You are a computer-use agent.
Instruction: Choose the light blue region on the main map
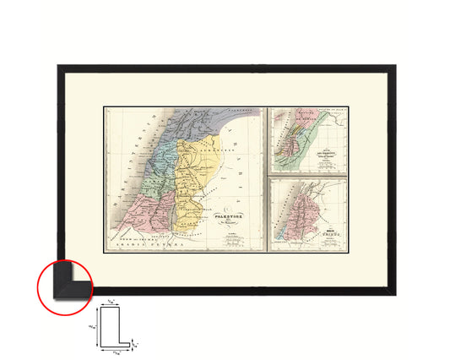tap(166, 154)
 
